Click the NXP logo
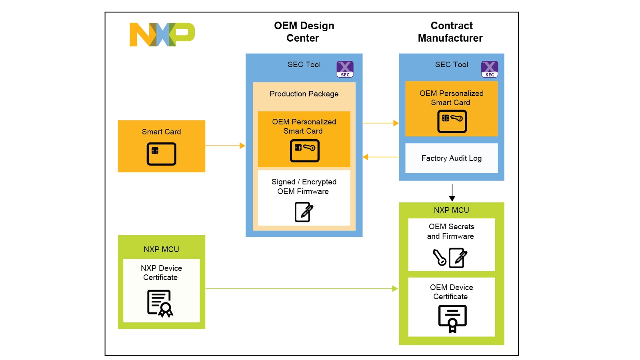[162, 34]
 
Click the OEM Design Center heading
[304, 32]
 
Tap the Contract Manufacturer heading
[450, 32]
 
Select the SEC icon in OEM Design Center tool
[345, 69]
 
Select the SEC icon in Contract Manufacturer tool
[489, 69]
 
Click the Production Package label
[304, 94]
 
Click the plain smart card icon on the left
[161, 154]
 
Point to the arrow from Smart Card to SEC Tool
[225, 146]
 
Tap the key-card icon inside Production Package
[304, 150]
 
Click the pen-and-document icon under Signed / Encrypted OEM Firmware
[304, 212]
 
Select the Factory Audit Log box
[451, 158]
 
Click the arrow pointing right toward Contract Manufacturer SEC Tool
[380, 123]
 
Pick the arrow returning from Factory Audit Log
[380, 157]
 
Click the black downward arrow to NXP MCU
[452, 192]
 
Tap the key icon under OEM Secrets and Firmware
[440, 258]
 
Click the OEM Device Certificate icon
[452, 318]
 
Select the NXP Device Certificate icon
[160, 303]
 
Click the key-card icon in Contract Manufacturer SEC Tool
[452, 121]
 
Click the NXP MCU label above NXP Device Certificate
[161, 249]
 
